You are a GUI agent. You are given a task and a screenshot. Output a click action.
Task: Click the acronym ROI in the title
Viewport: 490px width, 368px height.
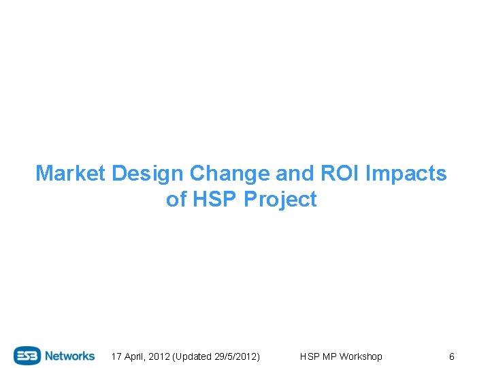point(340,174)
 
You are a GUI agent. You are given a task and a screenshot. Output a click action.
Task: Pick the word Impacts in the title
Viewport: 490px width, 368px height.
point(406,174)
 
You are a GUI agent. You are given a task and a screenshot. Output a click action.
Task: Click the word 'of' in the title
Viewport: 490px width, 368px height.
point(176,200)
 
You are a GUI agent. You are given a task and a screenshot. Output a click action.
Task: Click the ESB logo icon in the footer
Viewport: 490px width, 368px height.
point(28,356)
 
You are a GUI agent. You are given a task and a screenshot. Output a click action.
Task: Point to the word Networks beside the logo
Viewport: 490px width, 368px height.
point(71,356)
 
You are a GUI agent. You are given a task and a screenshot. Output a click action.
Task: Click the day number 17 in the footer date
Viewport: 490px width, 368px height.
point(116,356)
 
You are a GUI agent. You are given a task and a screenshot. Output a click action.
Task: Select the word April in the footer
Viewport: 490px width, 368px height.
point(135,356)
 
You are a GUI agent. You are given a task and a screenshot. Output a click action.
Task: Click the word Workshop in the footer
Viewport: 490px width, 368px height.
point(361,356)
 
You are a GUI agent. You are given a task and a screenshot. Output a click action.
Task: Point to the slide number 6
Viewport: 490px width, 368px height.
point(451,356)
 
